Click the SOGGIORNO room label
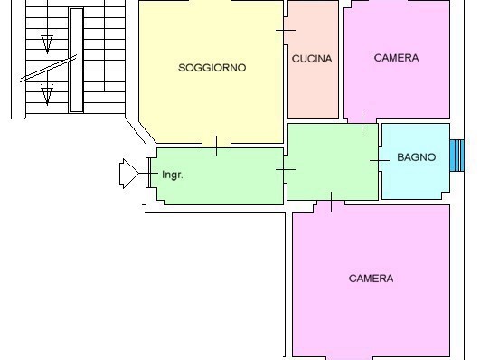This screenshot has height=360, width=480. click(212, 68)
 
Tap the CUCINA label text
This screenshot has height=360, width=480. click(312, 59)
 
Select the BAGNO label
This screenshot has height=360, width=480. click(417, 157)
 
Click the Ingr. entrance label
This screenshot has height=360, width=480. click(173, 175)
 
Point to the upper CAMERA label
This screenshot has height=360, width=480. click(396, 58)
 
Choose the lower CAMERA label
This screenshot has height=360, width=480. click(371, 279)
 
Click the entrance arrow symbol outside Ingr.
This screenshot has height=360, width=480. click(129, 174)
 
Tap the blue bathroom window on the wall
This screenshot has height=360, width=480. click(457, 156)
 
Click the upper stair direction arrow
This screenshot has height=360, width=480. click(47, 43)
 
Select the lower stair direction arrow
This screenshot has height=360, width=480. click(47, 94)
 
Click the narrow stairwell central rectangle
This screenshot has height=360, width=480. click(76, 61)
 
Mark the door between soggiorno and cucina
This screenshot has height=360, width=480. click(286, 31)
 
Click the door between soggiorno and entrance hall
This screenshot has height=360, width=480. click(216, 146)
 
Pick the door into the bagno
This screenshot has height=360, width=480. click(380, 160)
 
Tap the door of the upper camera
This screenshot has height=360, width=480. click(362, 121)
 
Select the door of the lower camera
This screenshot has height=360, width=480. click(331, 202)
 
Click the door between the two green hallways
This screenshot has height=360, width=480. click(286, 169)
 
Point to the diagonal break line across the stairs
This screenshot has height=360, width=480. click(49, 69)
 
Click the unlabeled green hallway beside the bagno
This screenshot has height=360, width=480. click(333, 162)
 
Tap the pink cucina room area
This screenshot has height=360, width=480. click(313, 60)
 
